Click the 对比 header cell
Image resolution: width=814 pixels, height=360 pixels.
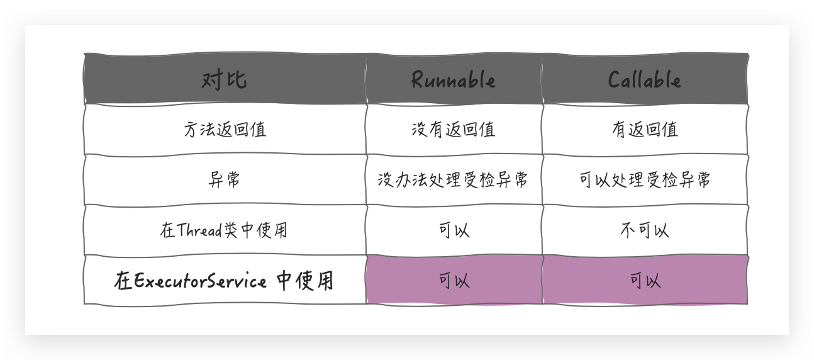click(x=225, y=80)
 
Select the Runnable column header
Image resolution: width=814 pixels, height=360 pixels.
click(x=453, y=80)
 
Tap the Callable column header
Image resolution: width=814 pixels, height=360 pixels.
click(x=644, y=80)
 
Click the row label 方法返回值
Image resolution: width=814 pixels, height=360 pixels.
click(x=225, y=130)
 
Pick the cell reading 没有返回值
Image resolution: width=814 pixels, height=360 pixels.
click(x=453, y=130)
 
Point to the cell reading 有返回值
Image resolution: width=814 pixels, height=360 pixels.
click(x=644, y=130)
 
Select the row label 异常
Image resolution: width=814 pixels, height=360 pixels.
click(x=225, y=180)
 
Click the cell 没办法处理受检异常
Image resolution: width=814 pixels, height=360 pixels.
click(x=453, y=180)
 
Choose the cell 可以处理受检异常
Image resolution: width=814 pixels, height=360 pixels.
click(x=644, y=180)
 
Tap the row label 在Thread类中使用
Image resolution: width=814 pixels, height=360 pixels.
click(x=225, y=230)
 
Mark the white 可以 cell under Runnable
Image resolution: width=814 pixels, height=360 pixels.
click(x=454, y=230)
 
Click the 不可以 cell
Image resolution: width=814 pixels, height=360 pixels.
click(x=644, y=230)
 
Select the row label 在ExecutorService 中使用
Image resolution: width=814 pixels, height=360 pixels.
click(x=225, y=281)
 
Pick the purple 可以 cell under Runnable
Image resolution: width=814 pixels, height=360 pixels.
click(x=454, y=281)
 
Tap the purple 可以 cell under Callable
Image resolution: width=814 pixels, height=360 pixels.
click(x=645, y=281)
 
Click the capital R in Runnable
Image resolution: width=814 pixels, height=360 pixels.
click(x=418, y=80)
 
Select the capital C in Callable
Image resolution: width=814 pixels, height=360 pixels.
click(x=615, y=80)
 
